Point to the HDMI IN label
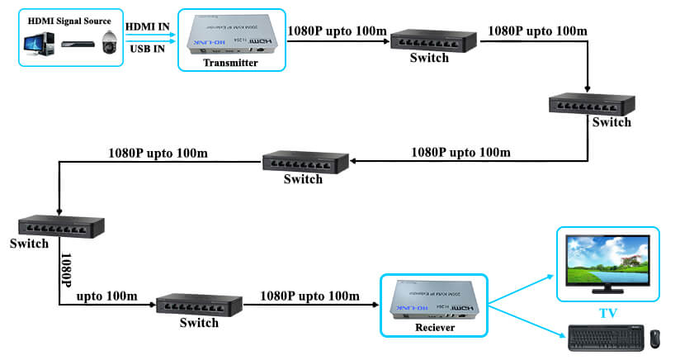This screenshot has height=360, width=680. click(x=149, y=26)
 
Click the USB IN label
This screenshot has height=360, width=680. click(x=149, y=49)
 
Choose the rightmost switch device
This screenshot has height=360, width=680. click(x=588, y=102)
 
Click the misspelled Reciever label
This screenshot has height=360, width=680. click(x=433, y=329)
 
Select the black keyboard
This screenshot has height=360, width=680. click(x=605, y=338)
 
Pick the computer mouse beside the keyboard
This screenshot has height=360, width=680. click(x=654, y=338)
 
